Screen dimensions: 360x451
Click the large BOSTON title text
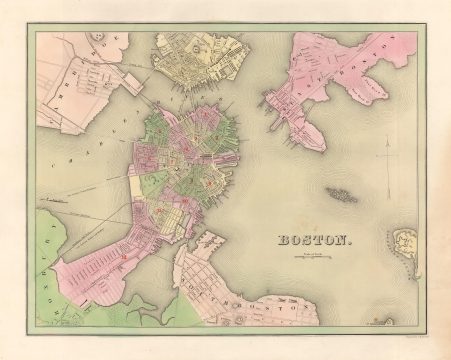point(313,240)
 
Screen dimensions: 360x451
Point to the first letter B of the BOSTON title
point(282,240)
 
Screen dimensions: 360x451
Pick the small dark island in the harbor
point(340,194)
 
